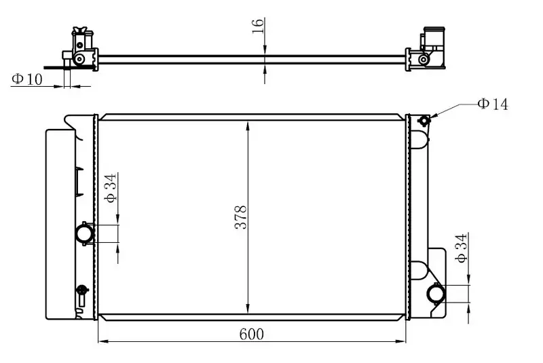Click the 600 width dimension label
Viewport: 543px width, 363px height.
(251, 335)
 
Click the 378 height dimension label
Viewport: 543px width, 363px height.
(241, 217)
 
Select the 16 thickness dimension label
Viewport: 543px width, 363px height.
(258, 26)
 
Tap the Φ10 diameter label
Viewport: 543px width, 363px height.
(26, 79)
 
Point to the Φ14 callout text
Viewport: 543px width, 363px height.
(493, 104)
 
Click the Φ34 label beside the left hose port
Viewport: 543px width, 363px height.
(111, 188)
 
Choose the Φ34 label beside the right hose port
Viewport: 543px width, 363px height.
(462, 248)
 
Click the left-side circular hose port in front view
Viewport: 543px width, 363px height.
(85, 233)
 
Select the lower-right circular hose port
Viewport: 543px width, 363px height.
(436, 294)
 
